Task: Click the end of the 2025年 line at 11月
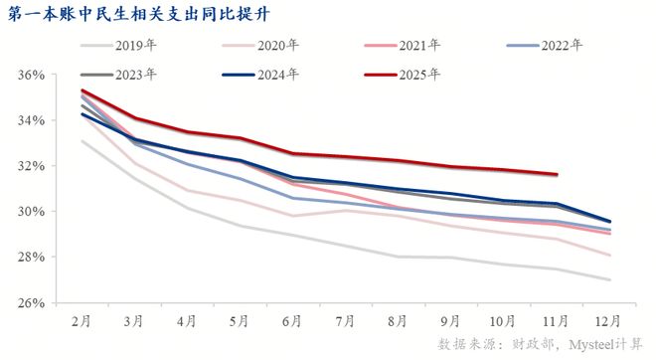click(557, 174)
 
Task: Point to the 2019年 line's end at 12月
click(609, 279)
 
